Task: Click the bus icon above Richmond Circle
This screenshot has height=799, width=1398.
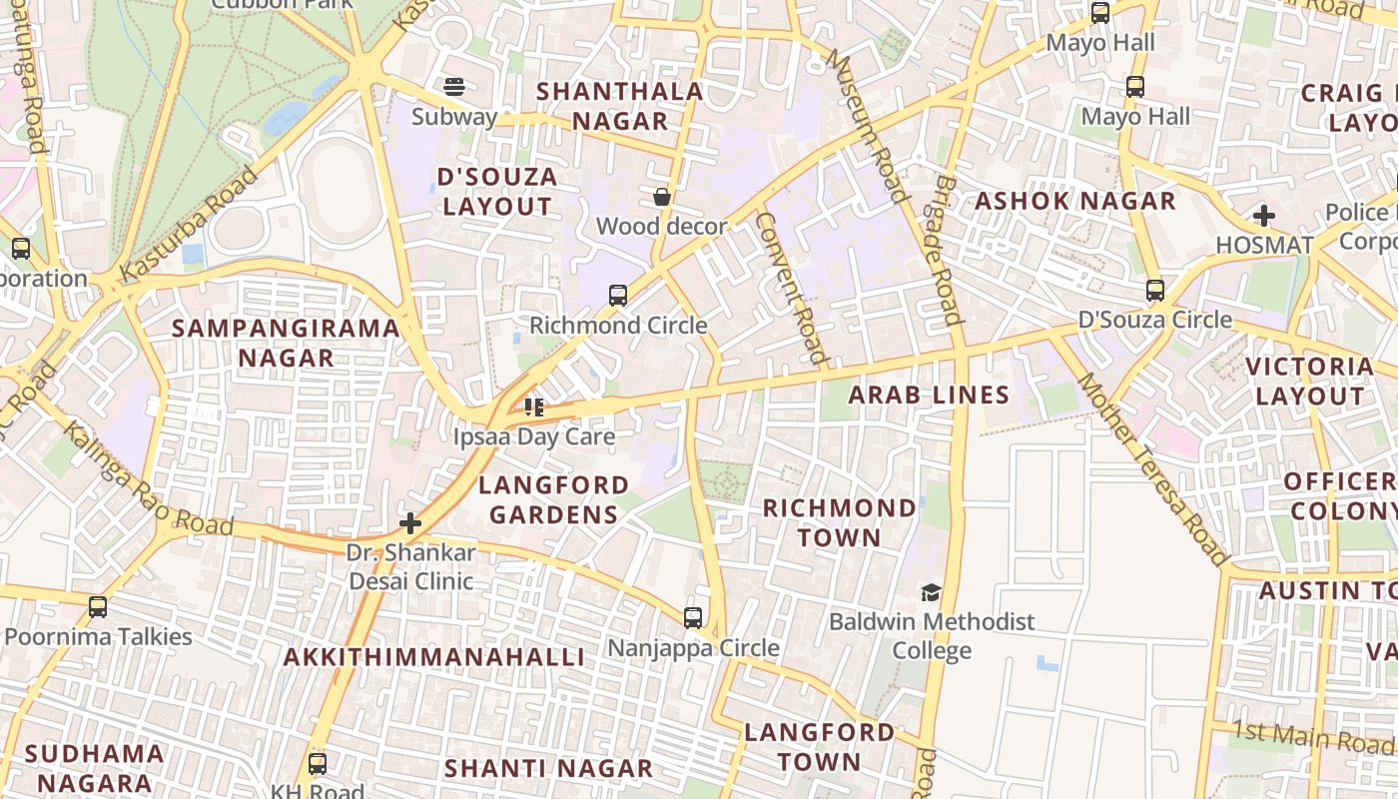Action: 618,296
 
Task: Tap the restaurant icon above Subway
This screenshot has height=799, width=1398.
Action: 454,87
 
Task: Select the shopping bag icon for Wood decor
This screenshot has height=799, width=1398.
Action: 661,197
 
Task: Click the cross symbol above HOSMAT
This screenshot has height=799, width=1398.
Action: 1264,215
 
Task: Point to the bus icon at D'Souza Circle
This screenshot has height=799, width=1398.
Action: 1155,291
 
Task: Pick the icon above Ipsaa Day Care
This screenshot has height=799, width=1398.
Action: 534,407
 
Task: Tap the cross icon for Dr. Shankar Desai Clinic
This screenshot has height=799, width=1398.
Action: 410,523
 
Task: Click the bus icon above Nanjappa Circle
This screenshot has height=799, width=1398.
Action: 693,618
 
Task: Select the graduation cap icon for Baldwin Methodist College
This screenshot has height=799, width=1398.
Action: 931,592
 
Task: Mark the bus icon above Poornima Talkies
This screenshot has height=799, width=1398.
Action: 98,607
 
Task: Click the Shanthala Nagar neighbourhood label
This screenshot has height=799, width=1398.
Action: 619,106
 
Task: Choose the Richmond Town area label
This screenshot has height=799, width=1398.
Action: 839,522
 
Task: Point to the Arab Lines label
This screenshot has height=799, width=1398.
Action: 929,395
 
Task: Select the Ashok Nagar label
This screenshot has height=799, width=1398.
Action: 1074,201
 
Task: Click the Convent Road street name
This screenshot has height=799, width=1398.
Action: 791,287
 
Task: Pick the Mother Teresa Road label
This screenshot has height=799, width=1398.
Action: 1150,469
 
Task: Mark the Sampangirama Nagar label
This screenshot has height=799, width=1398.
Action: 286,343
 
